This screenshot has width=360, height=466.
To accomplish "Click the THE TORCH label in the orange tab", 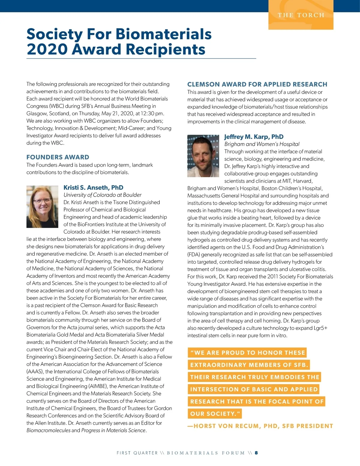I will (x=301, y=15).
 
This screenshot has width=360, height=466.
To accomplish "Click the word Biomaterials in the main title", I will (x=163, y=34).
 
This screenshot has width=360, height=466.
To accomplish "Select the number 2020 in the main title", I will (x=46, y=49).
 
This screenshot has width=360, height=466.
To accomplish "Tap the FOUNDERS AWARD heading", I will (x=58, y=157).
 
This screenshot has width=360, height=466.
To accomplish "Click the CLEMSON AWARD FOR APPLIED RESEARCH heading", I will (x=257, y=84).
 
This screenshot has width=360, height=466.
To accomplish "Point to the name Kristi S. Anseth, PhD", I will (x=93, y=188).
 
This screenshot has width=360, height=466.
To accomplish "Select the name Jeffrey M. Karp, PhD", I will (x=254, y=137).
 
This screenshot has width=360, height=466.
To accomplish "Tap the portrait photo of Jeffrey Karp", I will (x=203, y=156).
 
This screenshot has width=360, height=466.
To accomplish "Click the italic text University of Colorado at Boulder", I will (x=102, y=195).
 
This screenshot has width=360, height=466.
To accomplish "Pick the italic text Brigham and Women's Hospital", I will (x=262, y=144).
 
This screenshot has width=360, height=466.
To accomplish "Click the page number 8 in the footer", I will (x=256, y=453).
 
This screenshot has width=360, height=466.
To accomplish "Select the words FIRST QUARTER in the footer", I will (x=137, y=453).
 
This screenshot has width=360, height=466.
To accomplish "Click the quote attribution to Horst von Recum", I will (x=260, y=426).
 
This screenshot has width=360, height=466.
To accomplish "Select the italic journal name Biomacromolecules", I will (x=48, y=430).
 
